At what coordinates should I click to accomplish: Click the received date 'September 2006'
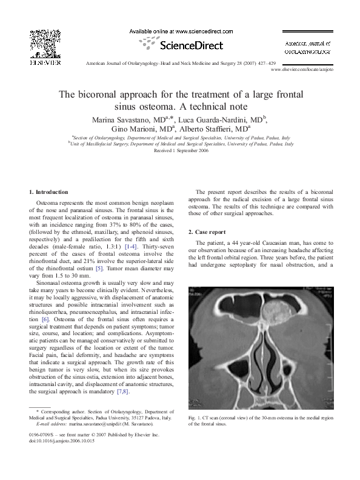[193, 150]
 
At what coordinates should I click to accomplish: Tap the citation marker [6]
[45, 318]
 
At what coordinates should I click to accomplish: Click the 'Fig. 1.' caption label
[196, 419]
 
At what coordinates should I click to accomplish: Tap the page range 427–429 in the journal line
[267, 63]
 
